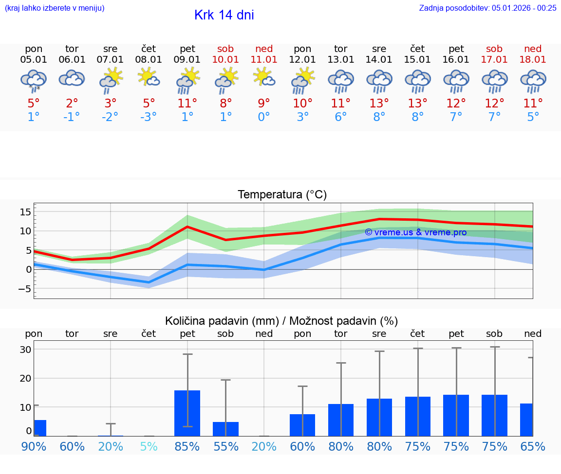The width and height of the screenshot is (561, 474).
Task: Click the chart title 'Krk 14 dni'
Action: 224,15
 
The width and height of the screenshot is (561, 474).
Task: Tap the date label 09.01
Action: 187,60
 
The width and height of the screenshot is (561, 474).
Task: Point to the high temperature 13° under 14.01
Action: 379,103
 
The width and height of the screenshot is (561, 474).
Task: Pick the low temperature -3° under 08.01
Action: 149,117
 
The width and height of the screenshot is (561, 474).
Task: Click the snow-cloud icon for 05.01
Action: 34,80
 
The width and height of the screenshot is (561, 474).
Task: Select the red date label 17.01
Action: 494,60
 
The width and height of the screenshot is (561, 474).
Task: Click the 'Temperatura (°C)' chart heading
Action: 282,194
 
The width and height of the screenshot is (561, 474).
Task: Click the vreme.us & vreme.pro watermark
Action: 415,232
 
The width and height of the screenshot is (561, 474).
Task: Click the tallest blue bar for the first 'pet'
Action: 187,413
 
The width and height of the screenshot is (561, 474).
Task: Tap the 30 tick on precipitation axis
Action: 25,350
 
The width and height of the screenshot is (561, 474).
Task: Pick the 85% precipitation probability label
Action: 187,446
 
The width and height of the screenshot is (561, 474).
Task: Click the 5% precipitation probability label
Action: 149,446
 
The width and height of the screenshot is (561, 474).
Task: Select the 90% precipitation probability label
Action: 34,446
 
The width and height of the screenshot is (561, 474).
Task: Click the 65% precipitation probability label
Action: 533,446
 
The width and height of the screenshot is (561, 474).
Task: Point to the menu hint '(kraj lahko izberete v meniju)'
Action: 55,8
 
